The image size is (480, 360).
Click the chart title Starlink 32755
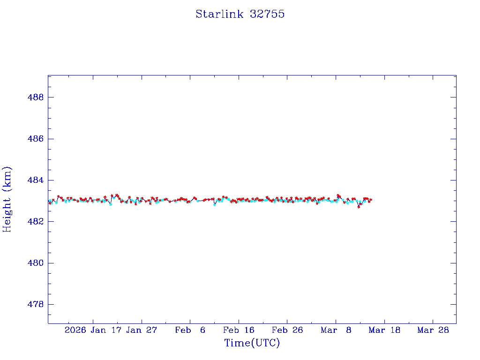(x=240, y=14)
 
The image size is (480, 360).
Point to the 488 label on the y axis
(x=36, y=97)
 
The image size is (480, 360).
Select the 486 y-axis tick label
(x=36, y=139)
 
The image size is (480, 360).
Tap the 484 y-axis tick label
(x=36, y=180)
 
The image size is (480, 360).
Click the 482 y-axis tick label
(x=36, y=221)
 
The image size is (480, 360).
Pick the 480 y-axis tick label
(x=36, y=263)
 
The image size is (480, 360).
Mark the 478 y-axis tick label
(x=36, y=304)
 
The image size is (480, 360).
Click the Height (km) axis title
(x=7, y=199)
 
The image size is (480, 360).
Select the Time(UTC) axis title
(x=252, y=343)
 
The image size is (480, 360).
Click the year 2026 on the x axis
(x=75, y=330)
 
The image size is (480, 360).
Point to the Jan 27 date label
(x=142, y=330)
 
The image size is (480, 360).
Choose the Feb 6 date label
(x=190, y=330)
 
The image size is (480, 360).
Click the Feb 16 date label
(x=239, y=330)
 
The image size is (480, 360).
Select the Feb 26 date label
(x=287, y=330)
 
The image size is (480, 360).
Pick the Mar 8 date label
(x=336, y=330)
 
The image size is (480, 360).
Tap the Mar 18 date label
(x=384, y=330)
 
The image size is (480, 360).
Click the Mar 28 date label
(x=433, y=330)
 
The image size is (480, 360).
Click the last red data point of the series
(x=371, y=200)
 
